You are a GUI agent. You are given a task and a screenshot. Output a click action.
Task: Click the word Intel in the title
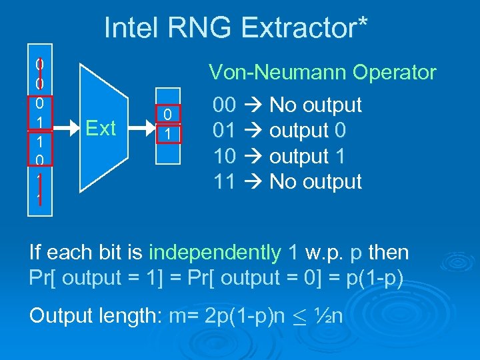[131, 27]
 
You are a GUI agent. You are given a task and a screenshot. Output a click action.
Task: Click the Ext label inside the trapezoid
[101, 127]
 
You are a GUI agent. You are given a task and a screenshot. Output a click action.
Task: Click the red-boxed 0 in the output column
[169, 115]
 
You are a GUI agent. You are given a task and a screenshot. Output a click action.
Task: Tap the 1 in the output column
[169, 134]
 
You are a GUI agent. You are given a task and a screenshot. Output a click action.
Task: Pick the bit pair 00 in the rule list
[223, 105]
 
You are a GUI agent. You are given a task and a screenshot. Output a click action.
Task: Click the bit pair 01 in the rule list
[223, 130]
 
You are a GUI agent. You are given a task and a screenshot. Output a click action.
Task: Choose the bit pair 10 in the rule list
[223, 156]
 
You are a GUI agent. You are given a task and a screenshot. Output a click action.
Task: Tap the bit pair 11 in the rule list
[223, 181]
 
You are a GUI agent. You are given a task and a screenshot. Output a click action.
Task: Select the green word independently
[214, 253]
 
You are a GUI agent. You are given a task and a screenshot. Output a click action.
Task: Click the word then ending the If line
[389, 253]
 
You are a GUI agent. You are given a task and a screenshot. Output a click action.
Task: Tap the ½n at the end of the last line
[329, 315]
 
